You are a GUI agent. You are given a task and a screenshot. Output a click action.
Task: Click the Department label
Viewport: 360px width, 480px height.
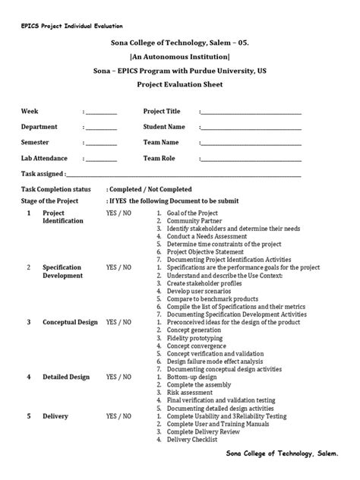tap(39, 127)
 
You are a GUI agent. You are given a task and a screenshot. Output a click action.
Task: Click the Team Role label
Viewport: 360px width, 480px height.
tap(159, 158)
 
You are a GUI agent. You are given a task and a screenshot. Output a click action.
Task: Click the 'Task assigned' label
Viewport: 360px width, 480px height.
tap(42, 174)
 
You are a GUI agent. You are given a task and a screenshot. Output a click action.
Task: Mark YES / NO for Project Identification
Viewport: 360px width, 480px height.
tap(118, 213)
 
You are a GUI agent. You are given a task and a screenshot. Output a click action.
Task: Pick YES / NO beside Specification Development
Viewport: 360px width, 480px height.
tap(118, 268)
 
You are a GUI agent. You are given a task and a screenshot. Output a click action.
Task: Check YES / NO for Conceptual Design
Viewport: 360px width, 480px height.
tap(118, 322)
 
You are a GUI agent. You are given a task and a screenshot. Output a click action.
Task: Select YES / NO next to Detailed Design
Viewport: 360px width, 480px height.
tap(118, 377)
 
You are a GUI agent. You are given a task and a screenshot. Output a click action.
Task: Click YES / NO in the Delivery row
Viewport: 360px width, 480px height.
tap(118, 416)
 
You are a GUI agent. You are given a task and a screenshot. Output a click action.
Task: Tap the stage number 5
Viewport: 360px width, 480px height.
tap(29, 416)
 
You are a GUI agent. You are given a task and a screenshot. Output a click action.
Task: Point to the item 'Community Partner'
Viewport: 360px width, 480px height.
tap(198, 221)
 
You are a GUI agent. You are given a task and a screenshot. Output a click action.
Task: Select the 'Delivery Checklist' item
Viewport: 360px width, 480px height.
tap(192, 439)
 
